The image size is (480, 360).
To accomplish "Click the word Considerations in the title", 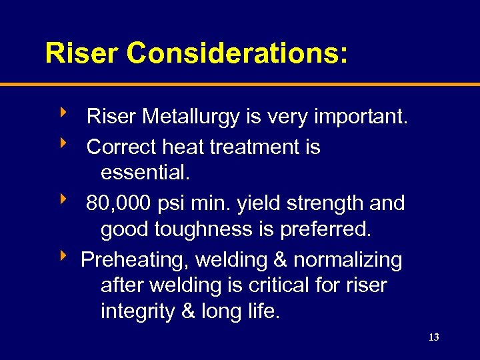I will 237,53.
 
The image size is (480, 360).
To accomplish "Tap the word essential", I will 145,173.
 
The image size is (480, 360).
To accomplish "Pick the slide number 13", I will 433,338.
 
